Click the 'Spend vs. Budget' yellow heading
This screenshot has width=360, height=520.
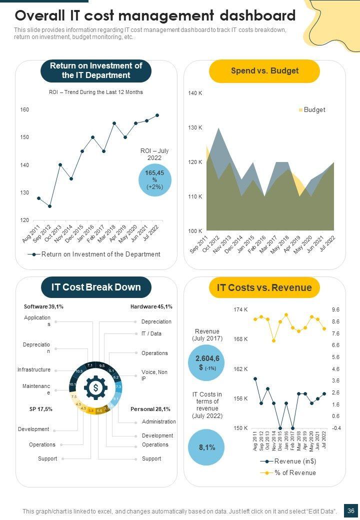click(x=264, y=71)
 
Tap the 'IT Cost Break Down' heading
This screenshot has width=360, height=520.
click(x=96, y=287)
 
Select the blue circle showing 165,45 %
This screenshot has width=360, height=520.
click(x=154, y=180)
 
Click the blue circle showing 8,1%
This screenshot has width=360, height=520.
click(x=207, y=447)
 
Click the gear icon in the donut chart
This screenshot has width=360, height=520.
click(x=95, y=387)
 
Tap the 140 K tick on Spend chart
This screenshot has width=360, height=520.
click(x=195, y=93)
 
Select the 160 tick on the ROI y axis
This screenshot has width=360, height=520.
click(x=24, y=109)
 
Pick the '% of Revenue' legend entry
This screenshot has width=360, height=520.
click(x=294, y=473)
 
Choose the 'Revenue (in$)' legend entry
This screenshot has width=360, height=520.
click(x=294, y=461)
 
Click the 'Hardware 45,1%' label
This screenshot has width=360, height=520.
click(x=151, y=306)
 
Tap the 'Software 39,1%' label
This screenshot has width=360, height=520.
click(x=43, y=306)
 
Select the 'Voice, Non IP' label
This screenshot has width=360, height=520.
click(x=154, y=375)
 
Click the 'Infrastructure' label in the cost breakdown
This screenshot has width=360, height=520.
click(x=34, y=369)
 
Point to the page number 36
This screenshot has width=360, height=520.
click(x=351, y=511)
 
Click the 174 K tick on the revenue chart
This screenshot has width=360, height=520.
click(x=240, y=310)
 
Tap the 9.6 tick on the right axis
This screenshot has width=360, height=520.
click(x=335, y=310)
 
